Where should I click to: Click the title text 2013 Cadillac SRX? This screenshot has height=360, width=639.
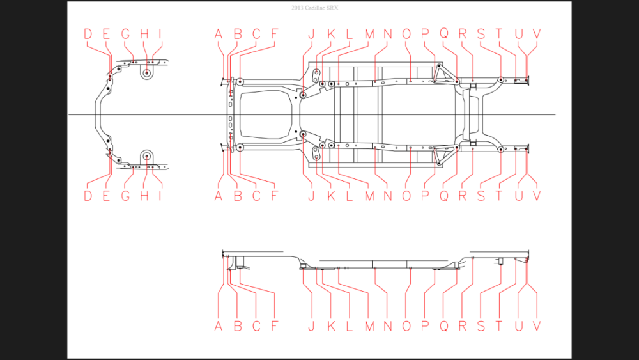pos(314,8)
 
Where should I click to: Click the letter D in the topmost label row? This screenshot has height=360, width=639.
pos(88,34)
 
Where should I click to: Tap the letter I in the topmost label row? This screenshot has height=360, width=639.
pos(160,34)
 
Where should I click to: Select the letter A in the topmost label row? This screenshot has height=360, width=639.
pos(219,34)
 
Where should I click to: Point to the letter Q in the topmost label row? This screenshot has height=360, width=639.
pos(444,34)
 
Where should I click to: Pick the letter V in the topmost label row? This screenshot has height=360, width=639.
pos(537,34)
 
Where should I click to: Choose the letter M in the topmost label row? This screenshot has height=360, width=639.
pos(369,34)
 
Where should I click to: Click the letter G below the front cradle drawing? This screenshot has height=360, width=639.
pos(125,196)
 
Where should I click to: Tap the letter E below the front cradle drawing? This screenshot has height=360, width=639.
pos(106,196)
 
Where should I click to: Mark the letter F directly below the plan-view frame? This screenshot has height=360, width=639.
pos(274,196)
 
